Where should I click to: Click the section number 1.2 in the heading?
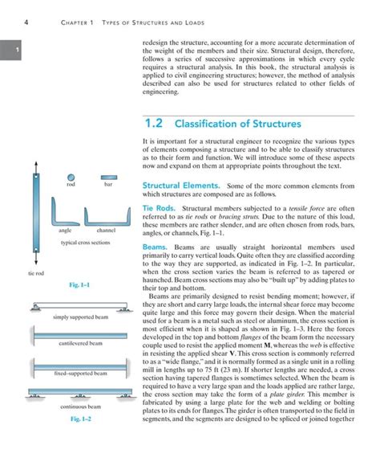click(155, 125)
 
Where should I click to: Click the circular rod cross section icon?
click(71, 178)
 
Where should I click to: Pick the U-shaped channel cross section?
click(107, 212)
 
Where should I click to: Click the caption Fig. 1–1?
click(79, 285)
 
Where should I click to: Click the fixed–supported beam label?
click(79, 374)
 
